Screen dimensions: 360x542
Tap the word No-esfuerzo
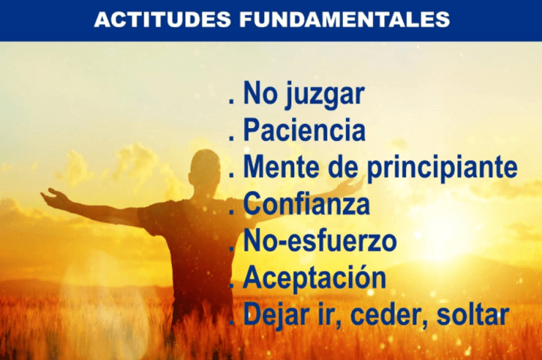[x=320, y=241]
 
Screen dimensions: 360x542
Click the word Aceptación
[x=315, y=278]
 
